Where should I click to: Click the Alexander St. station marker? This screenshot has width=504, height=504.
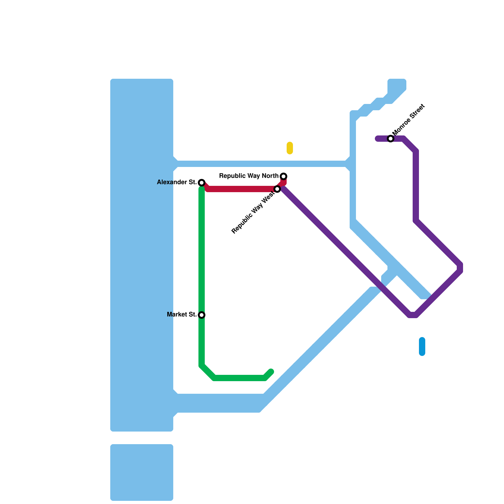coord(202,183)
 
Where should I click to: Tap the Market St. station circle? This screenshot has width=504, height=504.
coord(202,315)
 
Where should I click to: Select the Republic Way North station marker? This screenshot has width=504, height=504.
coord(283,176)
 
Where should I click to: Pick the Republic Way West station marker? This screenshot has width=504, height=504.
coord(277,189)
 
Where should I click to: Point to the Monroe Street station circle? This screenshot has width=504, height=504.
coord(391,139)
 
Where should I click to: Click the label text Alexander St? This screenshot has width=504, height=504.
coord(177,182)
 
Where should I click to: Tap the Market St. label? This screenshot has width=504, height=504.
coord(182,315)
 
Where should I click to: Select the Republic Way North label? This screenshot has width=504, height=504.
coord(249,176)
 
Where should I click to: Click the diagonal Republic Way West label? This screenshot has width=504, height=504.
coord(253,214)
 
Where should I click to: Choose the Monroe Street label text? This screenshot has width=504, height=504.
coord(409,119)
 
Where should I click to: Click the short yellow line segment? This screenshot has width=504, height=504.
coord(290,148)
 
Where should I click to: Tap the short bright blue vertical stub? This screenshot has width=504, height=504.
coord(422,346)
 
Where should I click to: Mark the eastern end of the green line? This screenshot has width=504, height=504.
coord(271,372)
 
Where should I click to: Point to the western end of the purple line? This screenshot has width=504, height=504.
coord(377,139)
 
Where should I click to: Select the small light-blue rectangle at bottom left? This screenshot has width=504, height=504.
coord(142,472)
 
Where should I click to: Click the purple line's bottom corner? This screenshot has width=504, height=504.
coord(413,315)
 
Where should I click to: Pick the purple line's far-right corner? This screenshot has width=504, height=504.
coord(460,268)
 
